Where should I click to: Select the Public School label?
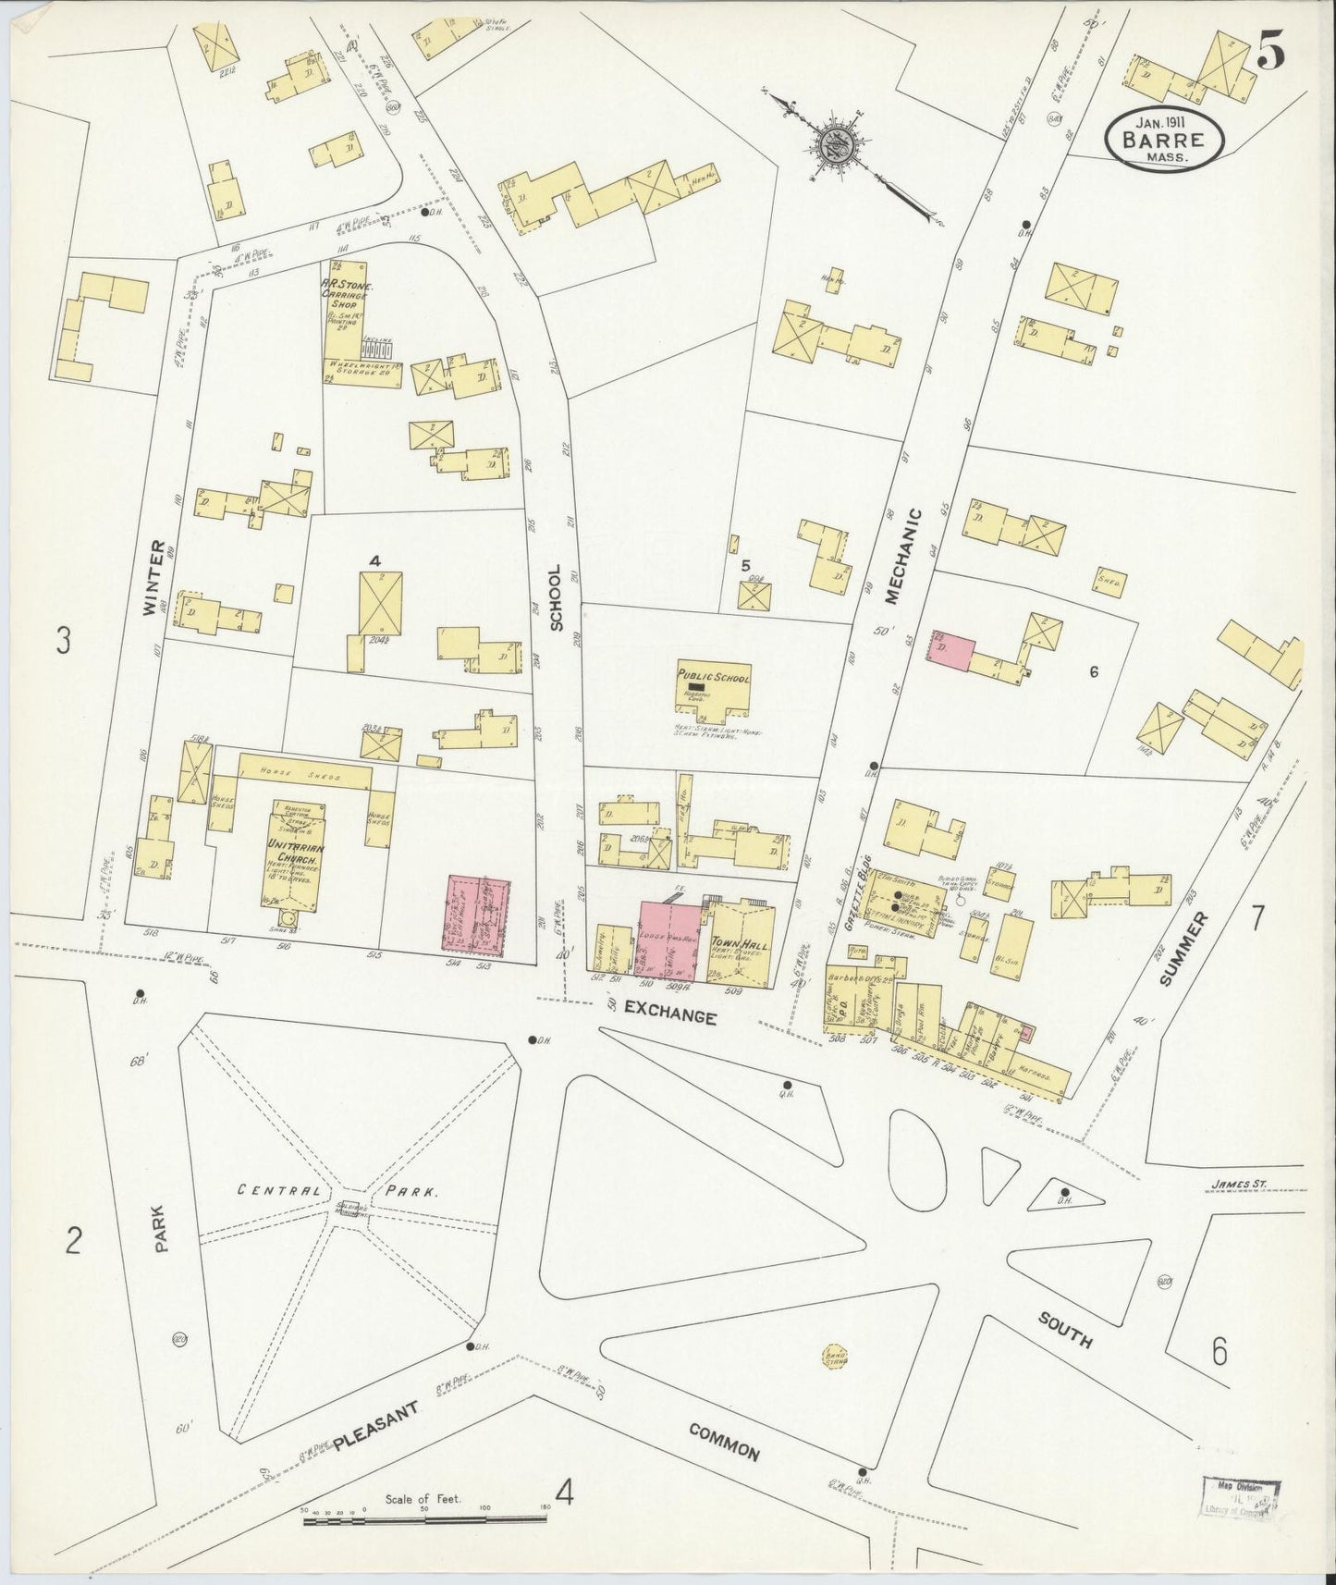coord(713,677)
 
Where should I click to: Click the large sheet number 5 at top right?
coord(1269,54)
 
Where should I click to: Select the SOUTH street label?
coord(1064,1330)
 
